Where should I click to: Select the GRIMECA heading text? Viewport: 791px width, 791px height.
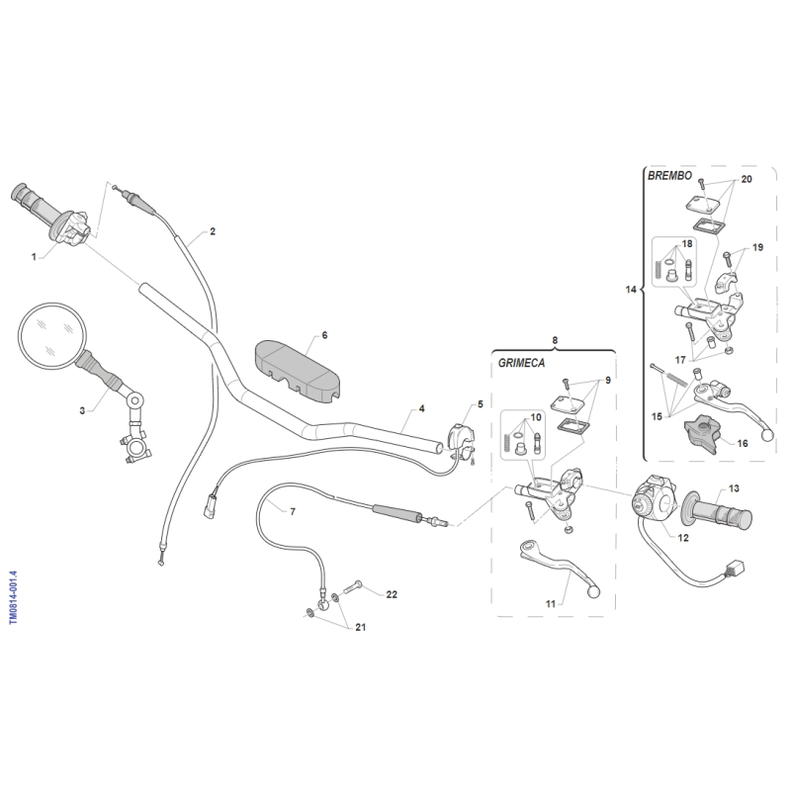[x=521, y=363]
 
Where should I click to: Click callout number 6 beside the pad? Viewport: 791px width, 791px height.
[x=324, y=335]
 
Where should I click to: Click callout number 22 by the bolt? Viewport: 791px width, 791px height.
[x=392, y=594]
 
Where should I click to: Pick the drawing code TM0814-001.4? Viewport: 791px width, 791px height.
[x=14, y=597]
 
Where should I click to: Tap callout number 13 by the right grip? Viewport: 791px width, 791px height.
[x=734, y=488]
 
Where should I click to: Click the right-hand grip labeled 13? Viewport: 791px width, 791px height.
[x=716, y=514]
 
